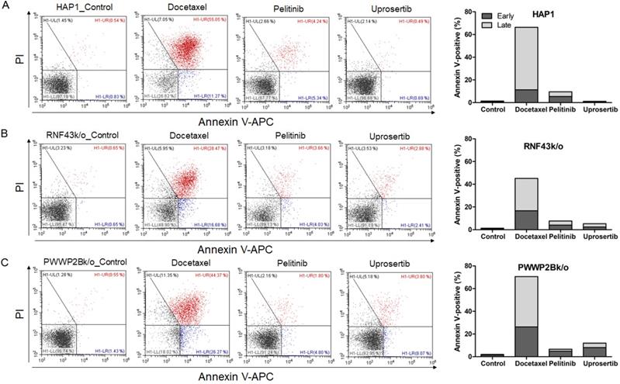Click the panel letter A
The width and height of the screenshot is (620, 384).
(6, 7)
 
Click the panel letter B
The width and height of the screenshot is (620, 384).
(6, 133)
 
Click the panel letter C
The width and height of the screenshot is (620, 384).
(6, 261)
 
